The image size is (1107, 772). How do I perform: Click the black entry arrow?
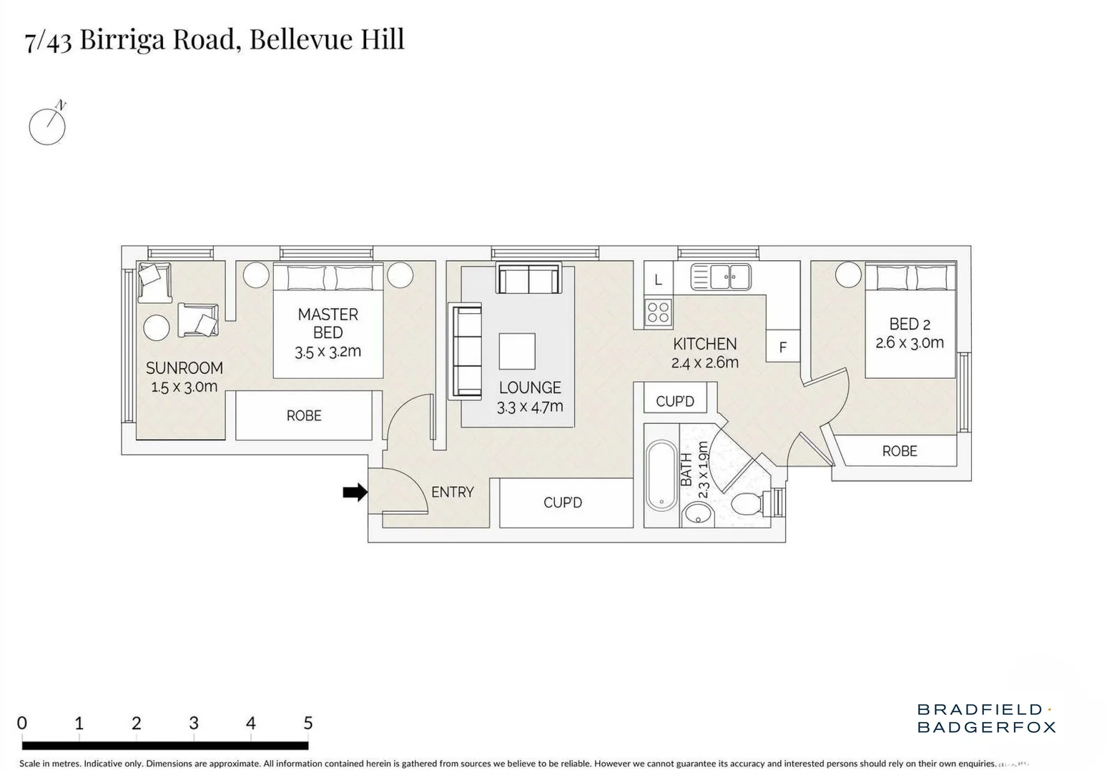[355, 492]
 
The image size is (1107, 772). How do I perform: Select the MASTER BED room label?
[328, 323]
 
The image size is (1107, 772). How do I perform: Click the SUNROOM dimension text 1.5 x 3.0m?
[184, 387]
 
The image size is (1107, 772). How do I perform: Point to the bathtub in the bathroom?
[661, 475]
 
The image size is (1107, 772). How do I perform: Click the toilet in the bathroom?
[748, 503]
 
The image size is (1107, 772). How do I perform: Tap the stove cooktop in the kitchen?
[658, 312]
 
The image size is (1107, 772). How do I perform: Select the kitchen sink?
[721, 277]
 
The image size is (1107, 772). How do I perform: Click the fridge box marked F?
[782, 347]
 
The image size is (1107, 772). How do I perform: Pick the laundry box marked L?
[658, 279]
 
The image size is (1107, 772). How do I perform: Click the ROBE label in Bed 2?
[899, 451]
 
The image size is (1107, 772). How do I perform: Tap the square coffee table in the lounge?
[517, 351]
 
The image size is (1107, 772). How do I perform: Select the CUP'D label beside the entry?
[563, 503]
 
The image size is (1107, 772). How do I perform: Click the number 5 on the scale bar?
[307, 723]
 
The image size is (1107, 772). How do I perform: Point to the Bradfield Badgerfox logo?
[985, 718]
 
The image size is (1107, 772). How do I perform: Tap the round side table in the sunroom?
[157, 328]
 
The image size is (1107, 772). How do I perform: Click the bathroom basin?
[697, 513]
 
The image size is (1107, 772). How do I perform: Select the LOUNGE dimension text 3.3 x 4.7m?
[530, 407]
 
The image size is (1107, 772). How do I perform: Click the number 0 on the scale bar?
[22, 723]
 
